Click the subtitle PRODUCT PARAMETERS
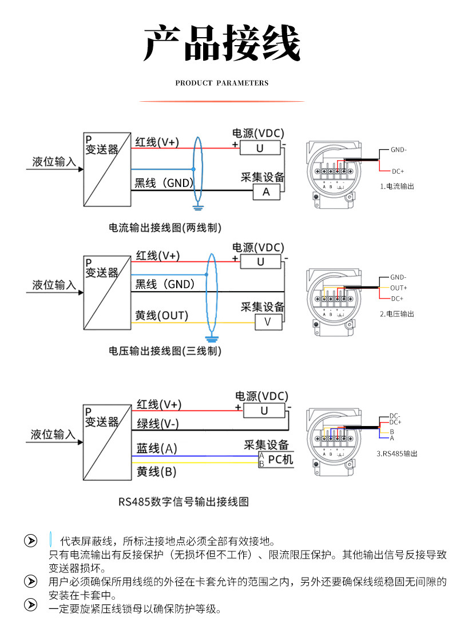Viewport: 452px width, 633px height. [221, 83]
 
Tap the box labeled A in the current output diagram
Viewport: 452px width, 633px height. [266, 192]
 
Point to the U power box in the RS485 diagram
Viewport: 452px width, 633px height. [264, 411]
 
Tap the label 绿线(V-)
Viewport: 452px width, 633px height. [157, 424]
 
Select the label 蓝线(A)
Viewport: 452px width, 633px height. [157, 449]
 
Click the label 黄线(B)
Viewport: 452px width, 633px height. [156, 472]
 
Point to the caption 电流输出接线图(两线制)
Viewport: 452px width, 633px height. [165, 228]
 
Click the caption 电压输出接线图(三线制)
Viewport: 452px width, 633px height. [165, 351]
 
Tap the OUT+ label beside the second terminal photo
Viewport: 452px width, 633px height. [399, 288]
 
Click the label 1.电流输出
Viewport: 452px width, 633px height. [397, 186]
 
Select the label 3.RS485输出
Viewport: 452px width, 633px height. [397, 453]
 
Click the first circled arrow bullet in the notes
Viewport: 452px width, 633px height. [30, 542]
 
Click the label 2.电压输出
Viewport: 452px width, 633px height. [397, 314]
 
